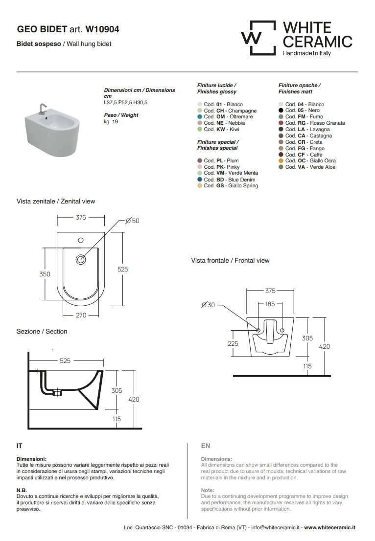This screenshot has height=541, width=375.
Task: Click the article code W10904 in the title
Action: point(102,29)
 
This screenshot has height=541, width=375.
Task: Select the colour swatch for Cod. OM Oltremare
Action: point(199,117)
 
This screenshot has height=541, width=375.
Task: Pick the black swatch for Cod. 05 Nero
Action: point(281,111)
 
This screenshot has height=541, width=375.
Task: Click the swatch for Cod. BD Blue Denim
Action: point(199,180)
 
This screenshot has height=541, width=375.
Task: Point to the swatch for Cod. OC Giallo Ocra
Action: point(281,160)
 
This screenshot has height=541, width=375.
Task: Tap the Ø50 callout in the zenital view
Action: point(133,221)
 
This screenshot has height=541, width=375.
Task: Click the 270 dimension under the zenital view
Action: point(81,316)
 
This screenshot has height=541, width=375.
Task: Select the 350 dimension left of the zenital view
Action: point(45,274)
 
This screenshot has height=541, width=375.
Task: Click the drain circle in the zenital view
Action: point(81,259)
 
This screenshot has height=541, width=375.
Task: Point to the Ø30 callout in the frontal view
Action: point(208,305)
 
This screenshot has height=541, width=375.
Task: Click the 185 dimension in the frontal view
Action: point(270,304)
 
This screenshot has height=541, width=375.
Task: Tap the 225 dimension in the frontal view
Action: point(233,343)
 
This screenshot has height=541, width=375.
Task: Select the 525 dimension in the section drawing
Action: point(65,361)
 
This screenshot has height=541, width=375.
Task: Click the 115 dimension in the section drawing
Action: point(117,419)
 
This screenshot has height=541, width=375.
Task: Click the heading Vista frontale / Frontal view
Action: point(230,261)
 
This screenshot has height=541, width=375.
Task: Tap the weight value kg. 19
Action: point(111,122)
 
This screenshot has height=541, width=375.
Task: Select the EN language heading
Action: point(206,446)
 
